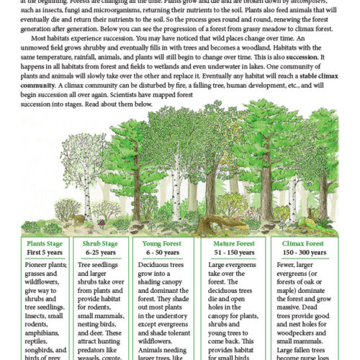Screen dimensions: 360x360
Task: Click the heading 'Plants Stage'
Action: coord(45,244)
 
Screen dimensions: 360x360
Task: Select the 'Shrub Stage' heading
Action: coord(100,244)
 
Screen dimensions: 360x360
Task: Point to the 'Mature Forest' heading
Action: coord(227,244)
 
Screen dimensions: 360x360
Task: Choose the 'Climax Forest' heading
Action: coord(302,244)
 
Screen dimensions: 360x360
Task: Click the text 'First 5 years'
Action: coord(45,253)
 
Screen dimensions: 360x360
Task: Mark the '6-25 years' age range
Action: coord(100,253)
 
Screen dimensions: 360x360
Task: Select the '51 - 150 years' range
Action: coord(227,253)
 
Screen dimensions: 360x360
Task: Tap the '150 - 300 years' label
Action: coord(302,253)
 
